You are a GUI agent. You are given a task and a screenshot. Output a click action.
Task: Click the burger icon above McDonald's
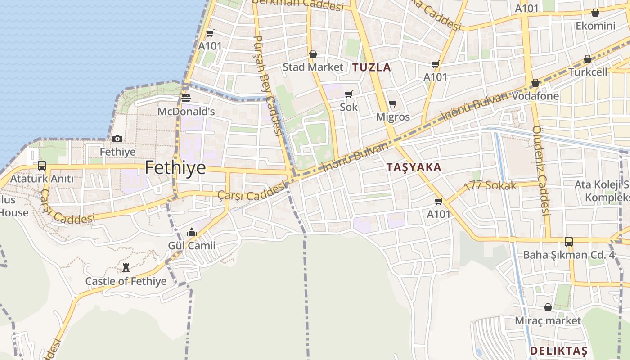(x=186, y=98)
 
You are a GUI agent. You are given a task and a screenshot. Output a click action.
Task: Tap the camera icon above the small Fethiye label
(x=117, y=139)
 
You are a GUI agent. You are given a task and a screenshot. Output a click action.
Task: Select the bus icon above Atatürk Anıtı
(x=42, y=166)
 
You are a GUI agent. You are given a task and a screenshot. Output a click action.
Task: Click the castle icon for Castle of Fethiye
(x=126, y=268)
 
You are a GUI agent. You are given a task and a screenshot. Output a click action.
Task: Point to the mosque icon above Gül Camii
(x=192, y=232)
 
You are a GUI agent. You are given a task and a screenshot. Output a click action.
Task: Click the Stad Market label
(x=313, y=67)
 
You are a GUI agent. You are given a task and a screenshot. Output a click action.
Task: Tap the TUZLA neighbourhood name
(x=371, y=67)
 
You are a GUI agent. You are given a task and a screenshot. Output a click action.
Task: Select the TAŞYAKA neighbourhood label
(x=414, y=167)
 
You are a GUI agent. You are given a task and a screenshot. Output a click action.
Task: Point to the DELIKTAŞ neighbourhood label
(x=558, y=351)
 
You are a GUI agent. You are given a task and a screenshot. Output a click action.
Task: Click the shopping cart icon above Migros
(x=392, y=104)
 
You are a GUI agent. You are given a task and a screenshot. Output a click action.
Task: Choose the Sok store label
(x=349, y=107)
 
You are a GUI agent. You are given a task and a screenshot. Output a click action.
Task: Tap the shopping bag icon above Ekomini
(x=595, y=13)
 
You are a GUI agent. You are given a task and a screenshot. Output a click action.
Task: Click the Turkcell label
(x=588, y=72)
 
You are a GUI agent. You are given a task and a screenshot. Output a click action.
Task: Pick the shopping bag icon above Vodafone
(x=535, y=83)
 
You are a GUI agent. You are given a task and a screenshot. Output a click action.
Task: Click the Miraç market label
(x=548, y=320)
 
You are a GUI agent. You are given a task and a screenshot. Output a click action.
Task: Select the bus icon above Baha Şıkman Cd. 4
(x=569, y=242)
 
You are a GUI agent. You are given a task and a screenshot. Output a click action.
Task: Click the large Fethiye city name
(x=175, y=168)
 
